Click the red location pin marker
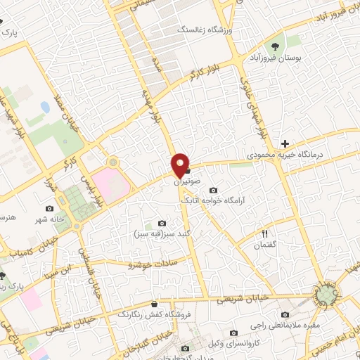tap(181, 165)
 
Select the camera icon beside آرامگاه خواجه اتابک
tap(214, 190)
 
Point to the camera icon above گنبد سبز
tap(163, 223)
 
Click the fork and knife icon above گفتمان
tap(265, 233)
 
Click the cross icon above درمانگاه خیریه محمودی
tap(284, 142)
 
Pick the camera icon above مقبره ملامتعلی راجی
tap(284, 314)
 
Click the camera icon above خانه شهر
tap(49, 209)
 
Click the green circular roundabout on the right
tap(326, 296)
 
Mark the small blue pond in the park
tap(46, 108)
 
